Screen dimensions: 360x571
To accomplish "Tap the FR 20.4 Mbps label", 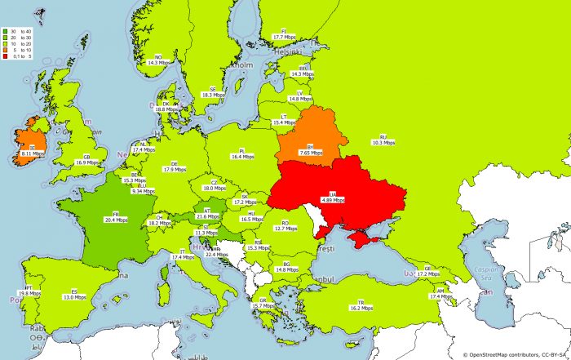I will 115,217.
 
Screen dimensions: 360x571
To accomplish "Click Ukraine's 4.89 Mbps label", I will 332,198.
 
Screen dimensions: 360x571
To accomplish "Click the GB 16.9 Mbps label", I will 86,160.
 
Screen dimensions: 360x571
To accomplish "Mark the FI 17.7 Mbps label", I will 284,35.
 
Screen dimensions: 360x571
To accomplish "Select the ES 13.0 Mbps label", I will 74,296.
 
